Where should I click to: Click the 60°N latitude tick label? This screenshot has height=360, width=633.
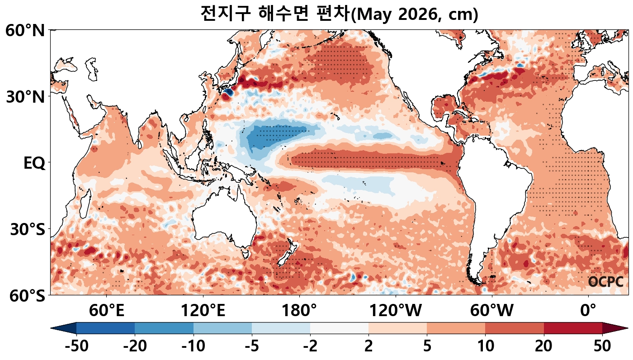tap(25, 31)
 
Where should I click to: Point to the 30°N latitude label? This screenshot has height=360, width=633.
tap(25, 97)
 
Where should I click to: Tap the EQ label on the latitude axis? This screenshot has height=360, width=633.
tap(34, 163)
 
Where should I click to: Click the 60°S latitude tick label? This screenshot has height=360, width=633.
tap(25, 296)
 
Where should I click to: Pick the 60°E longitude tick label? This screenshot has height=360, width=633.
tap(106, 311)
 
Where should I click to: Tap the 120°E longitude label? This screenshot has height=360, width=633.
tap(203, 311)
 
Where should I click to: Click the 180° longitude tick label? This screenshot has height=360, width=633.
tap(299, 311)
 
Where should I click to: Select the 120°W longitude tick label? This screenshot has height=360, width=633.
tap(396, 311)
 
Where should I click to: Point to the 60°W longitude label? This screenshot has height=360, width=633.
tap(492, 311)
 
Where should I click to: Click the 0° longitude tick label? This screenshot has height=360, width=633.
tap(588, 311)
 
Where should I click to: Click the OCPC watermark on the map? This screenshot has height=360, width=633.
tap(606, 282)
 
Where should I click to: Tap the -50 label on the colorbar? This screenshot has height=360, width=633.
tap(77, 347)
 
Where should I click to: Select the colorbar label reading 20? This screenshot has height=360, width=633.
tap(544, 347)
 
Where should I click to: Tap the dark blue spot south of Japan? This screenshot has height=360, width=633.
tap(227, 93)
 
